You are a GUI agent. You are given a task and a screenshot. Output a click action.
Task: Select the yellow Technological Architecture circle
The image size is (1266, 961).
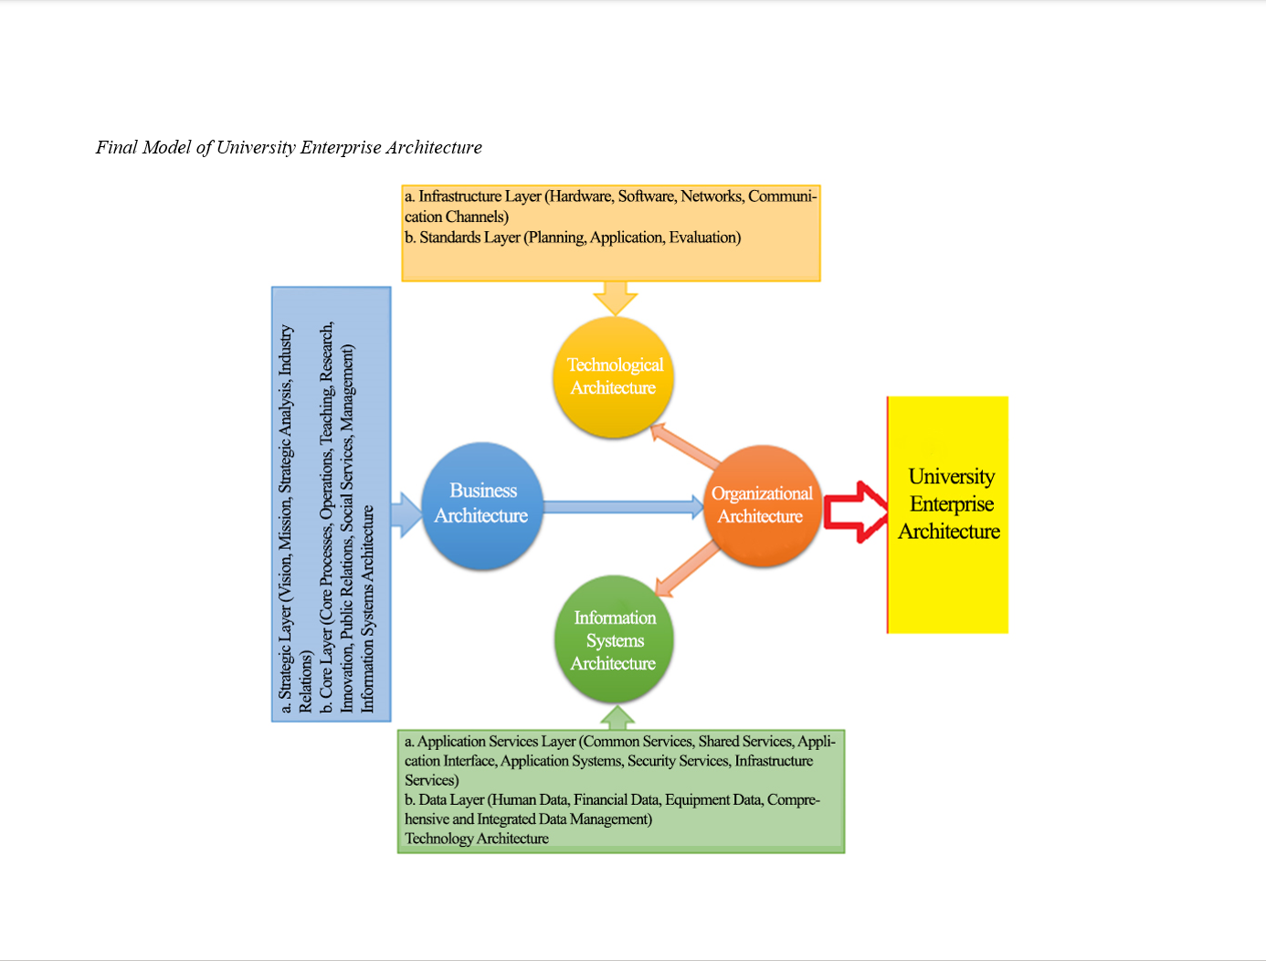[614, 376]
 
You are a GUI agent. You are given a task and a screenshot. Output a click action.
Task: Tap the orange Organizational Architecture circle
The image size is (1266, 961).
[762, 505]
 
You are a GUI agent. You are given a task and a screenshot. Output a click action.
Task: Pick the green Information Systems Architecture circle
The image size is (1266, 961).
[614, 639]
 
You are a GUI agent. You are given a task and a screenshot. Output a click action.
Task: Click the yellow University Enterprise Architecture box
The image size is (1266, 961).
[949, 513]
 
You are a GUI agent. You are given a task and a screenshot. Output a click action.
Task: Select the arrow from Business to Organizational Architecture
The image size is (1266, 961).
[623, 506]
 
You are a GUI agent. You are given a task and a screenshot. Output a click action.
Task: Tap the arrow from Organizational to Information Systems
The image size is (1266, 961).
[687, 567]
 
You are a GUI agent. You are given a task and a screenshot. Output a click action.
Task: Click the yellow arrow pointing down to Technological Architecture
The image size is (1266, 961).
[615, 298]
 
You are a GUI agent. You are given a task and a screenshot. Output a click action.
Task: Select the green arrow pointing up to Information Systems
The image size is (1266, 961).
[617, 717]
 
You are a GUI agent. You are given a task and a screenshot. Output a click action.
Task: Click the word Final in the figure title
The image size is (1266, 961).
[117, 147]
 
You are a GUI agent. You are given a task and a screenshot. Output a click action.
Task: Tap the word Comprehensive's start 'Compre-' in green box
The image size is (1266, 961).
[793, 800]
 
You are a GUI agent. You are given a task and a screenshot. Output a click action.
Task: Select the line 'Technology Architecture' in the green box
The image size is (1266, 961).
[477, 839]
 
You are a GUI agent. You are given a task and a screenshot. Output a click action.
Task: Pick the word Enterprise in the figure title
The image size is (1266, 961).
[340, 147]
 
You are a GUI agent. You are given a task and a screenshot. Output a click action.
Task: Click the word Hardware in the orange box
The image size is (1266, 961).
[580, 196]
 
